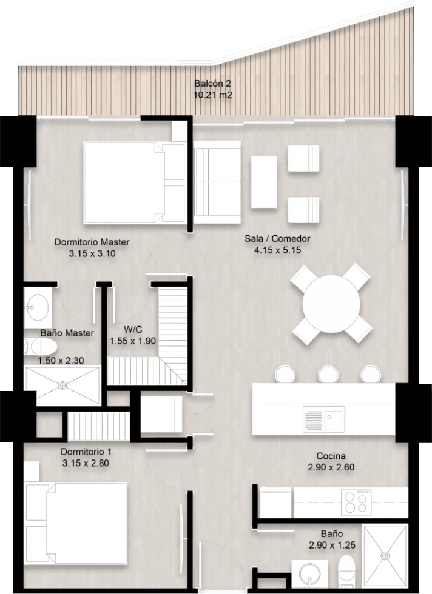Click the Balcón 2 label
(x=212, y=84)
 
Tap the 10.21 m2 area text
(x=212, y=95)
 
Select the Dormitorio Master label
(x=92, y=242)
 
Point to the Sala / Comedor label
(x=277, y=239)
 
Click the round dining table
(x=332, y=304)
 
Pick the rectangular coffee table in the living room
(x=264, y=182)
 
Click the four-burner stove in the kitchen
(x=356, y=502)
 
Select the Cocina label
(x=331, y=456)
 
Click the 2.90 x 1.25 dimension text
(x=332, y=545)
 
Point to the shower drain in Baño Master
(x=62, y=385)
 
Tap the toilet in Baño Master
(x=41, y=347)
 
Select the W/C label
(x=133, y=329)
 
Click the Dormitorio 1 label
(x=86, y=452)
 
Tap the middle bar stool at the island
(x=328, y=375)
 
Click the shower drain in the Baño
(x=386, y=556)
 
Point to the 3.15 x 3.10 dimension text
(x=92, y=253)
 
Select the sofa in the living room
(x=217, y=182)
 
